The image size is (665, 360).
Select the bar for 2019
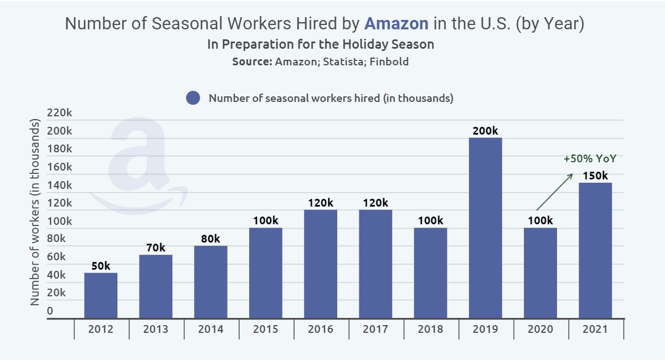pyautogui.click(x=485, y=228)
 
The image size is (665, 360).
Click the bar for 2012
pyautogui.click(x=100, y=295)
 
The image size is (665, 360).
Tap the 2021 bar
pyautogui.click(x=595, y=250)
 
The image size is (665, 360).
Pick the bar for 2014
pyautogui.click(x=210, y=282)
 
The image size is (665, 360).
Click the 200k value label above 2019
pyautogui.click(x=485, y=131)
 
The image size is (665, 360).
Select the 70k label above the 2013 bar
pyautogui.click(x=156, y=248)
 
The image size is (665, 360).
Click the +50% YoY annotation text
pyautogui.click(x=590, y=159)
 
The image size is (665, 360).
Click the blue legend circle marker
pyautogui.click(x=193, y=99)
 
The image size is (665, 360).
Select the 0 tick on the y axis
pyautogui.click(x=50, y=311)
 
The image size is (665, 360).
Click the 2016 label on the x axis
pyautogui.click(x=321, y=329)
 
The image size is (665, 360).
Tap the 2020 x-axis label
pyautogui.click(x=540, y=329)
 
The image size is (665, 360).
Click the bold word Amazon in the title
pyautogui.click(x=396, y=24)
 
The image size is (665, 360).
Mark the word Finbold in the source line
pyautogui.click(x=390, y=61)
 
